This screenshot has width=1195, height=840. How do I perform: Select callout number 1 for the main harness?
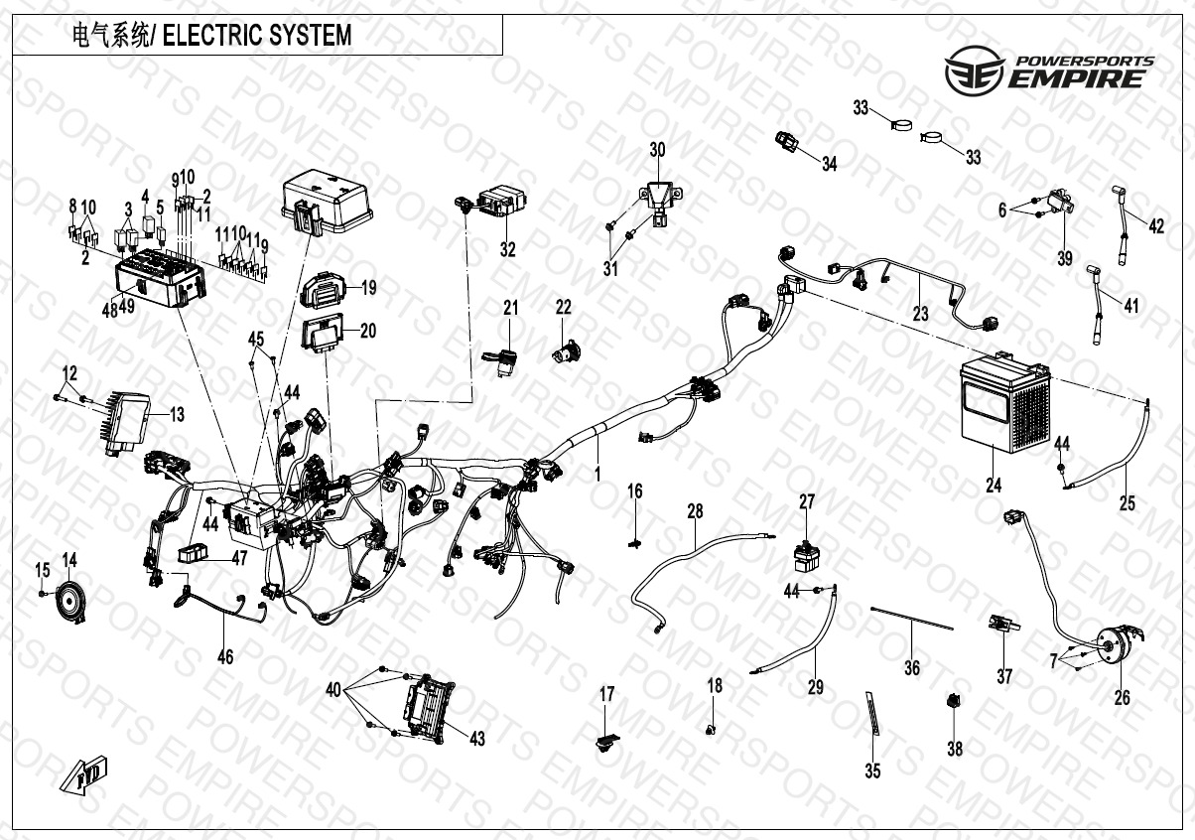click(x=597, y=475)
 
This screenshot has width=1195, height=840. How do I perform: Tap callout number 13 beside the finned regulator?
click(x=177, y=415)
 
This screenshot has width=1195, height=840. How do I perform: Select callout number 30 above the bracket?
click(x=657, y=151)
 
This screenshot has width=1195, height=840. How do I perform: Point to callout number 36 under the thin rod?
click(x=912, y=669)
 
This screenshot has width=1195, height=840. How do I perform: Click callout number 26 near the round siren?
click(x=1122, y=698)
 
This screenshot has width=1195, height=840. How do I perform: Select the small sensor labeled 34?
click(x=789, y=142)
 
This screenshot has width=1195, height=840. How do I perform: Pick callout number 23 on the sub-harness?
click(x=921, y=314)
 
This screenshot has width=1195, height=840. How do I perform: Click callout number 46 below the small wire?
click(x=225, y=656)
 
